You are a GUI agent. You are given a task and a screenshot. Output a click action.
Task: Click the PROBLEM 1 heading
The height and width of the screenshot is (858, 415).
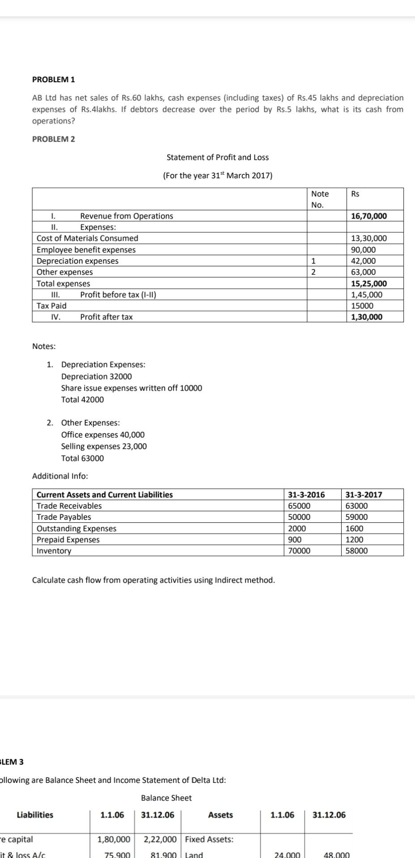pos(54,80)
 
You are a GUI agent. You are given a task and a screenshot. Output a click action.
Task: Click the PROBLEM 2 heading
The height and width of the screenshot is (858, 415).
pos(54,139)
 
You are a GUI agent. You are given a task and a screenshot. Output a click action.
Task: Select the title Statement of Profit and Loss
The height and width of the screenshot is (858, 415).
pos(217,157)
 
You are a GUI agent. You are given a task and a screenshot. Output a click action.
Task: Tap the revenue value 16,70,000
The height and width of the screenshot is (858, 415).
pos(369,216)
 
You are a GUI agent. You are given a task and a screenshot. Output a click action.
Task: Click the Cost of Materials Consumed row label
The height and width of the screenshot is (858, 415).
pos(87,239)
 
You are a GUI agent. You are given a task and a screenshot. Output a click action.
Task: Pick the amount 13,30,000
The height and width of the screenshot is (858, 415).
pos(369,239)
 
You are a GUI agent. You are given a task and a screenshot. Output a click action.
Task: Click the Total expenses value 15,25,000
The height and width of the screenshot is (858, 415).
pos(369,284)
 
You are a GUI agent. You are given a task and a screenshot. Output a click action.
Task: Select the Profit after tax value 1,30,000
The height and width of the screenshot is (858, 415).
pos(367,317)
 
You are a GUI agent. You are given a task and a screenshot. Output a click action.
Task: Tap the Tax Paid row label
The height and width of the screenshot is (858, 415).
pos(51,306)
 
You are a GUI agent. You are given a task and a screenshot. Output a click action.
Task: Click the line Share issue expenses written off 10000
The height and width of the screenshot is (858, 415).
pos(131,388)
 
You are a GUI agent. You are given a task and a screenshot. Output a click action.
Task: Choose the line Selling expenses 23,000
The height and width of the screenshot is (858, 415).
pos(104,446)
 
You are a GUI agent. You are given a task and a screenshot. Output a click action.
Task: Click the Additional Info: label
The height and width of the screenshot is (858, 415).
pos(60,476)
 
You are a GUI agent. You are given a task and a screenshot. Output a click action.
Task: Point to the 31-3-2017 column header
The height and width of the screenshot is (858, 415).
pos(364,495)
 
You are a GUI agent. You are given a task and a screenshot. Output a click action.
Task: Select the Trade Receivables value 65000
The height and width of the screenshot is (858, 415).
pos(299,506)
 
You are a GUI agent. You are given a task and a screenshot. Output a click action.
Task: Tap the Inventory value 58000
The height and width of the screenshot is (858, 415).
pos(356,551)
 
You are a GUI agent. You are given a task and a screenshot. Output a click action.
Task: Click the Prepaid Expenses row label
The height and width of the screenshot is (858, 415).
pos(68,540)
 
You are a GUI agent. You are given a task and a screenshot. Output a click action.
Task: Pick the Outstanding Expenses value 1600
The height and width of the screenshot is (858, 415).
pos(355,529)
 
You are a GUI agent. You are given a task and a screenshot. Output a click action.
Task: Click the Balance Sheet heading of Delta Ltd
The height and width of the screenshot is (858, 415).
pos(166,798)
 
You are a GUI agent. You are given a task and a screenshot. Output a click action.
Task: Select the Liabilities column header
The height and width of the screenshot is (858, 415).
pos(35,815)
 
